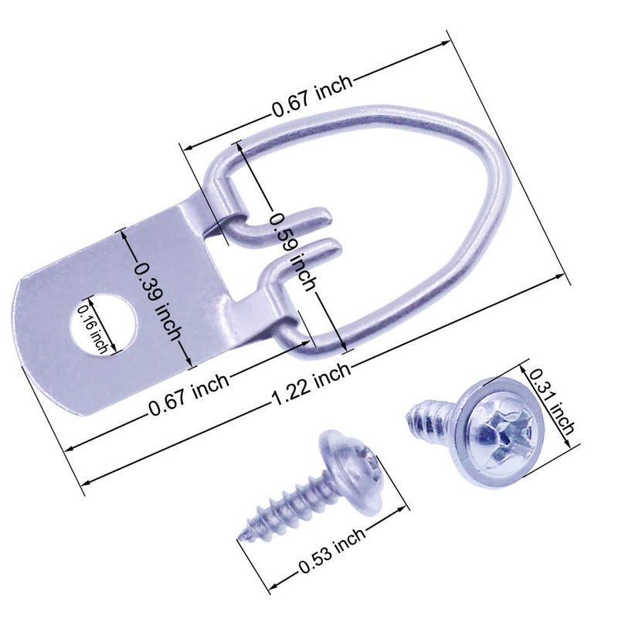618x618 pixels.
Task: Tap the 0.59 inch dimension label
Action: pyautogui.click(x=294, y=253)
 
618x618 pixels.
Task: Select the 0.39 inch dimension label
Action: pyautogui.click(x=158, y=301)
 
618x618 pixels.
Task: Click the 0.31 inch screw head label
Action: pyautogui.click(x=551, y=402)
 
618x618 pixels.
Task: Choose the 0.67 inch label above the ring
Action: pyautogui.click(x=311, y=96)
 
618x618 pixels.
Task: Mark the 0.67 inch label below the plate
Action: pyautogui.click(x=188, y=395)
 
